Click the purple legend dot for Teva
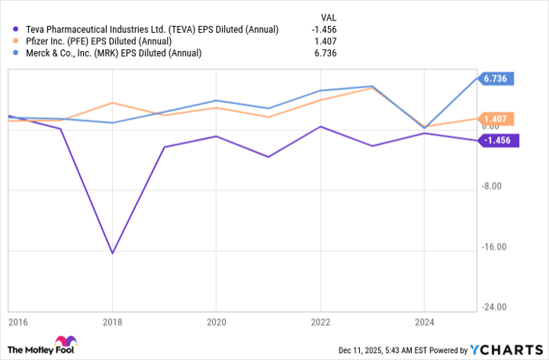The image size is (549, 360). (x=16, y=30)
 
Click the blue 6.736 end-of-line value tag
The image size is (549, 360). (x=498, y=78)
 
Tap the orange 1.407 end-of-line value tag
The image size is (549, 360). (x=498, y=119)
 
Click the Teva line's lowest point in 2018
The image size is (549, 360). (x=112, y=253)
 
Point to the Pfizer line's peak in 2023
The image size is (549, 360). (x=372, y=89)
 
